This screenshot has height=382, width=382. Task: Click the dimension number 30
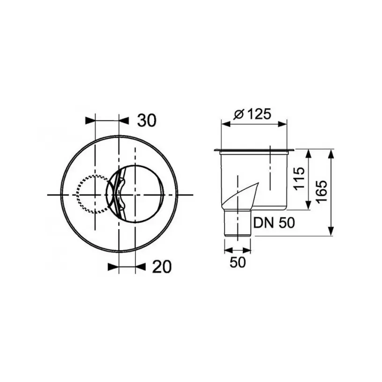click(146, 120)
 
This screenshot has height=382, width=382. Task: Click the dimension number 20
click(162, 267)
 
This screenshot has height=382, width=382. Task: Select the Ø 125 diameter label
click(253, 114)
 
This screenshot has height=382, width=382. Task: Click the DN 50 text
click(274, 223)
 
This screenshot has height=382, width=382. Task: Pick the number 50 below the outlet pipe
click(238, 262)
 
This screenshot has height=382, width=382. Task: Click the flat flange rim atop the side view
click(254, 150)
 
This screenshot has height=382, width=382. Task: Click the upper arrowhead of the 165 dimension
click(331, 154)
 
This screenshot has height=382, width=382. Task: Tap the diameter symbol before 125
click(238, 114)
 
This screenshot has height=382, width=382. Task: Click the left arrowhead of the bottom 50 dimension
click(227, 248)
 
